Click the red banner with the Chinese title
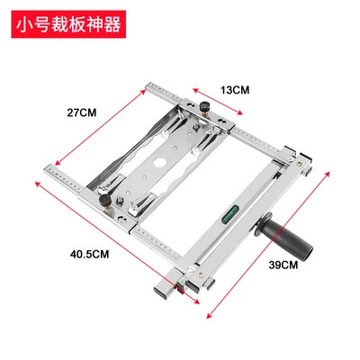68,24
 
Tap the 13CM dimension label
235,90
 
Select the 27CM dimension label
82,112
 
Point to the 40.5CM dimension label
89,255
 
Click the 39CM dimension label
283,265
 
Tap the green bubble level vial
229,214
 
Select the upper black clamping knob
204,106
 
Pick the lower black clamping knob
105,201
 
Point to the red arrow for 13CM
218,102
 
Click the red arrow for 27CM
101,127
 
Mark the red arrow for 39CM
268,245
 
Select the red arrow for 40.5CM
117,243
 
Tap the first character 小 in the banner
24,24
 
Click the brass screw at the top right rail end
299,164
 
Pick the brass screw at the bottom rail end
200,274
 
